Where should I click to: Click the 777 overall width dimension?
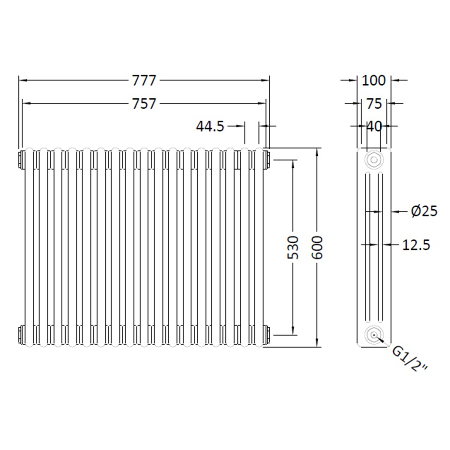[144, 80]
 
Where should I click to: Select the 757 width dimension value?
[144, 104]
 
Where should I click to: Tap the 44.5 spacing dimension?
[210, 126]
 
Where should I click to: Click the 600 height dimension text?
[317, 247]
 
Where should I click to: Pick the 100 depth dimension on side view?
[373, 80]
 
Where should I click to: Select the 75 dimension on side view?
[374, 104]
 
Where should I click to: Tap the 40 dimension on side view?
[374, 126]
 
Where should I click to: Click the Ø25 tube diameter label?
[424, 211]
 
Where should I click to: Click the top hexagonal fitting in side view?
[373, 159]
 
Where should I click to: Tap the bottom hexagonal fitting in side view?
[373, 335]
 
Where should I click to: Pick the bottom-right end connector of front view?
[266, 334]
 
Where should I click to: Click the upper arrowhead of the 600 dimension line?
[317, 151]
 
